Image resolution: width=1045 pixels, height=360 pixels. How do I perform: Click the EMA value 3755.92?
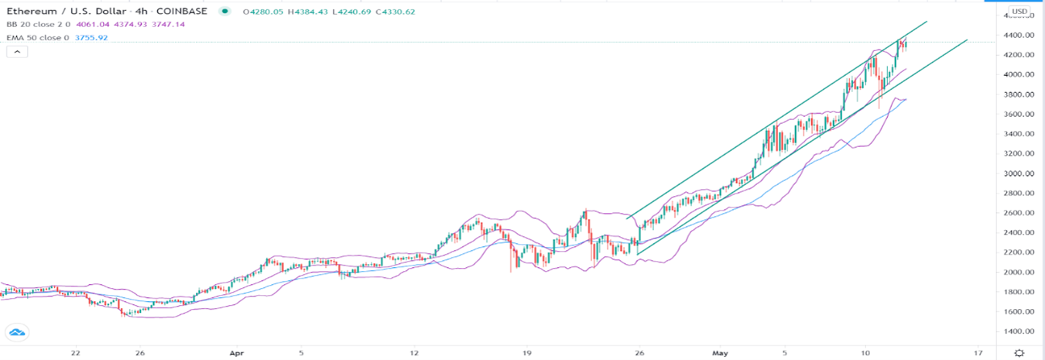[91, 37]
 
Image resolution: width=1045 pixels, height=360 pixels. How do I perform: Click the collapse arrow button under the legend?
[17, 51]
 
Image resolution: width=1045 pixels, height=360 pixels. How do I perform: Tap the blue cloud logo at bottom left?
[17, 333]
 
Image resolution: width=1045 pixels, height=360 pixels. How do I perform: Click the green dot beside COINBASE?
[224, 11]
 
